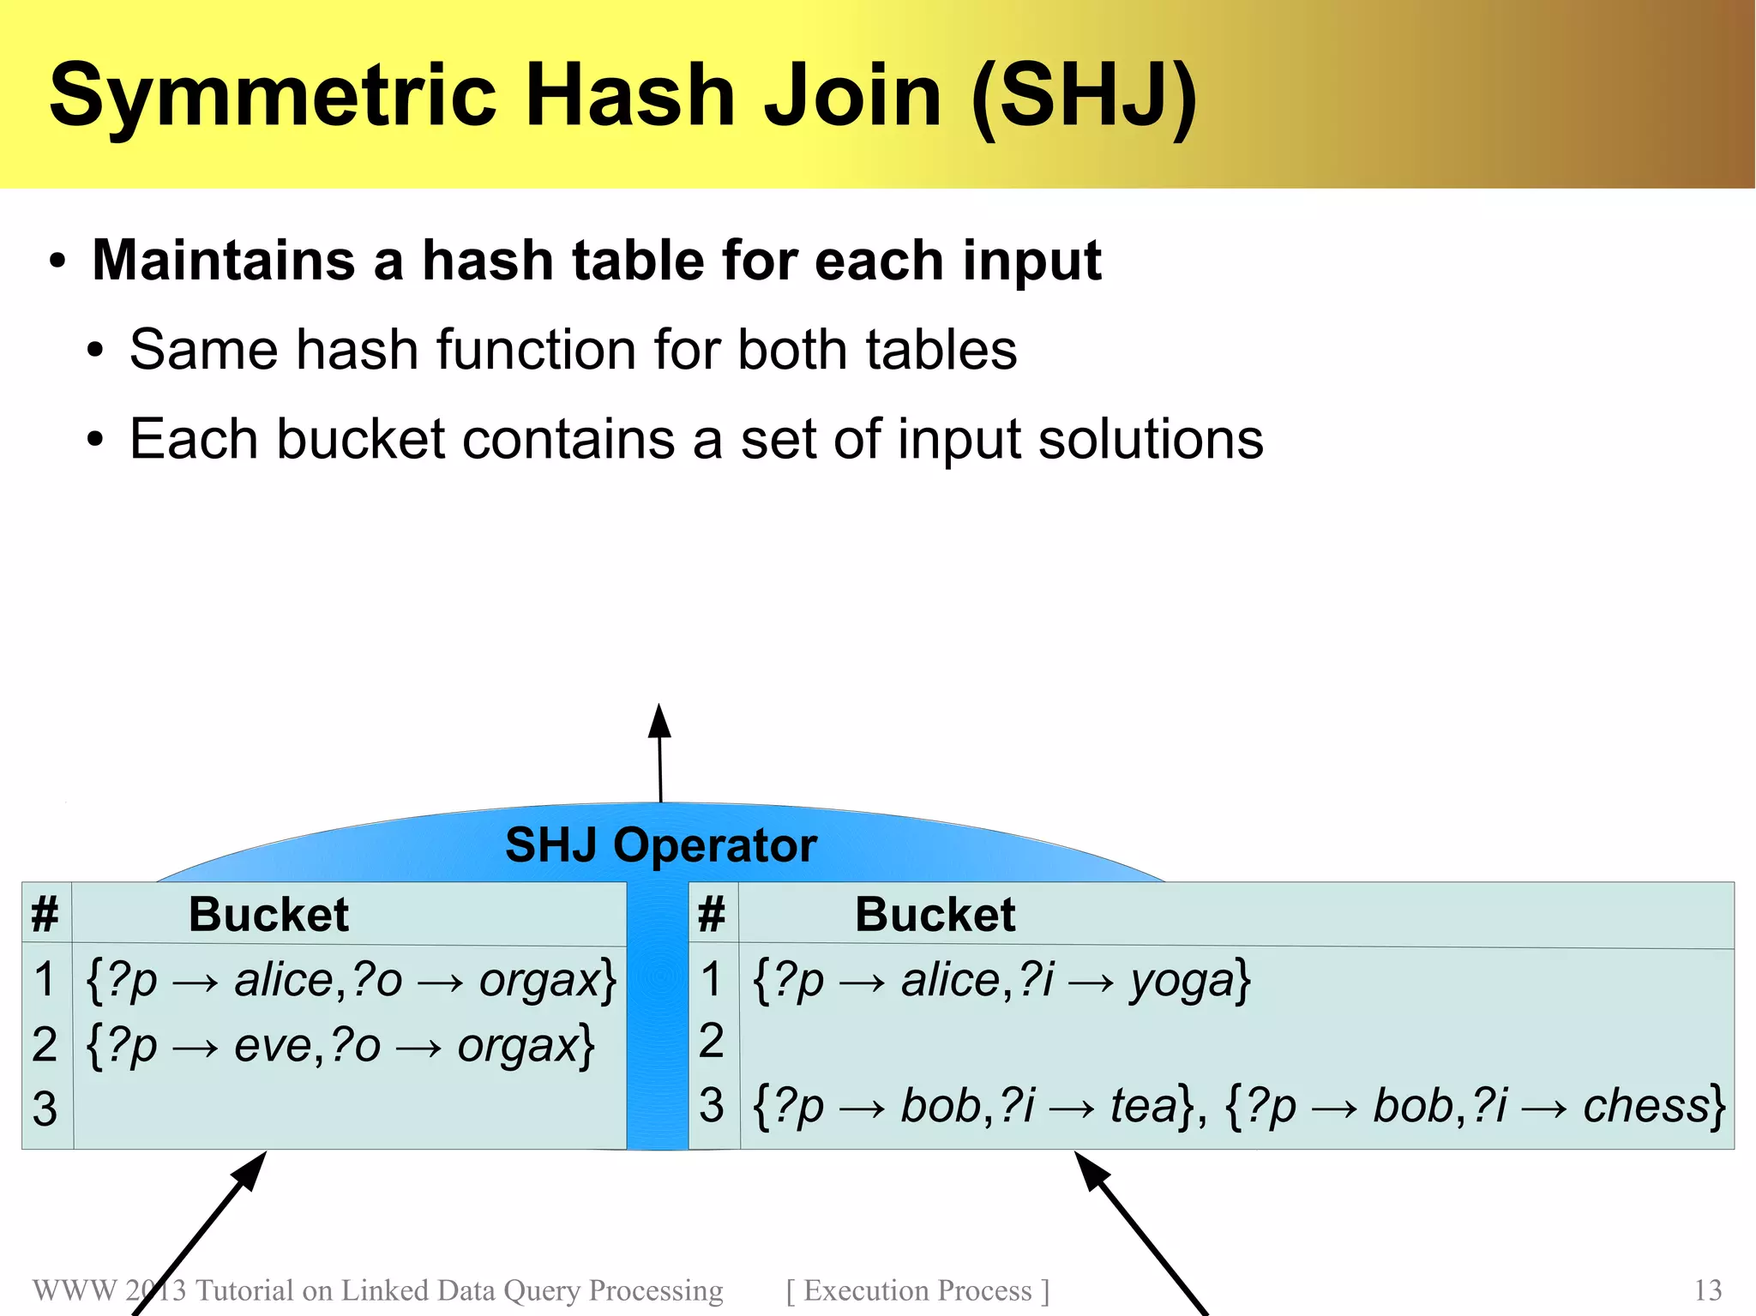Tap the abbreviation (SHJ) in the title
[x=1084, y=96]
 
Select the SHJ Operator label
[x=660, y=845]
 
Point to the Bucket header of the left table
[x=268, y=914]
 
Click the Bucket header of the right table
[x=935, y=914]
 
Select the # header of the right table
[x=712, y=914]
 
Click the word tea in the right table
[x=1143, y=1105]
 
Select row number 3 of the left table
[x=45, y=1109]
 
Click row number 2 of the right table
[x=712, y=1042]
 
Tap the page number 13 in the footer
[x=1707, y=1290]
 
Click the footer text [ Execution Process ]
[x=917, y=1290]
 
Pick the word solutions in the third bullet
[x=1150, y=439]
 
